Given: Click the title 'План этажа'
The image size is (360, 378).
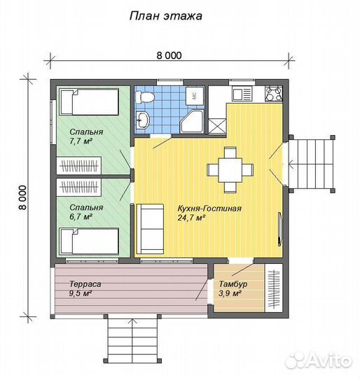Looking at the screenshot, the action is point(166,16).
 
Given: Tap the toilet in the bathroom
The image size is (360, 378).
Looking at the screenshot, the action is point(145,97).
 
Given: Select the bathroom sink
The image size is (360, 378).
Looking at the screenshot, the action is point(143,120).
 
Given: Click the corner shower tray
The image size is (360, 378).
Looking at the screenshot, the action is point(193,121).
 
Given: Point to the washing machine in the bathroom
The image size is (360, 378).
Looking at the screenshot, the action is point(195,96).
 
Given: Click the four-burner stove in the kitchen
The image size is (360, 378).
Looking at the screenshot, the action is point(274,93).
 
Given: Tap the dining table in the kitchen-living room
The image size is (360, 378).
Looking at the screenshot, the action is point(230,170).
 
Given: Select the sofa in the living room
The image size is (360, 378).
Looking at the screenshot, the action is point(150,228).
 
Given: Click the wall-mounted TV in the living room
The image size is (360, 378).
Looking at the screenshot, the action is point(279,229).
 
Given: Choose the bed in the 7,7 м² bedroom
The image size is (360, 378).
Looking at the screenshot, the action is point(89,101).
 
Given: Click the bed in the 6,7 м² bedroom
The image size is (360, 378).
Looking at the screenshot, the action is point(89,241).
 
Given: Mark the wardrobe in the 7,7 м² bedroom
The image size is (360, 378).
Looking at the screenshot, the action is point(79,165).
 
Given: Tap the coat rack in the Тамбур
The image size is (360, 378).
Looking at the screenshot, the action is point(274,288).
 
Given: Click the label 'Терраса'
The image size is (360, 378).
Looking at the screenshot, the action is point(85,284).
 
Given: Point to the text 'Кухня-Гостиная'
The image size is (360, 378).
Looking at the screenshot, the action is point(209,209).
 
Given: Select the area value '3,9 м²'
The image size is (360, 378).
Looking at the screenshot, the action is point(230,293).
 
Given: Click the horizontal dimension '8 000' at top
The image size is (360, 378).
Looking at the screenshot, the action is point(169,55).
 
